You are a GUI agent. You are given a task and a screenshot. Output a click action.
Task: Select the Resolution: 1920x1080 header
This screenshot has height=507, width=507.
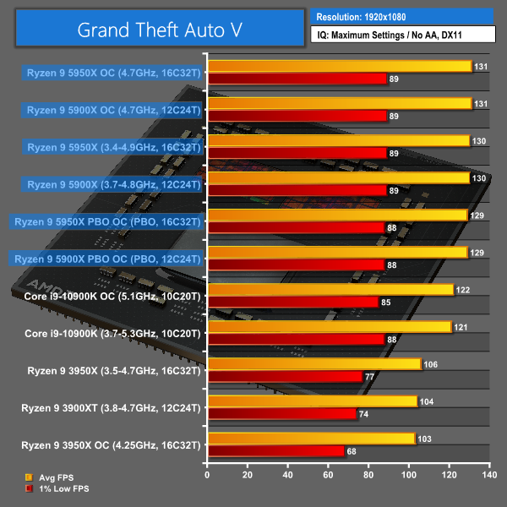coord(401,16)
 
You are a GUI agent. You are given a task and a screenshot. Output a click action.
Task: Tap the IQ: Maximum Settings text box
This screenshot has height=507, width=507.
coord(401,35)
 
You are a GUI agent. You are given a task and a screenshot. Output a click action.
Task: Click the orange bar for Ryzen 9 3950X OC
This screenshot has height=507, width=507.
coord(311,439)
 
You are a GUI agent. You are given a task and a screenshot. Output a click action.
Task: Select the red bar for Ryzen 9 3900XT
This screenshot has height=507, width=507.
coord(281,414)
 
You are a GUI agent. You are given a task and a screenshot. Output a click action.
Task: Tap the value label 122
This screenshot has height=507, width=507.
coord(463,290)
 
